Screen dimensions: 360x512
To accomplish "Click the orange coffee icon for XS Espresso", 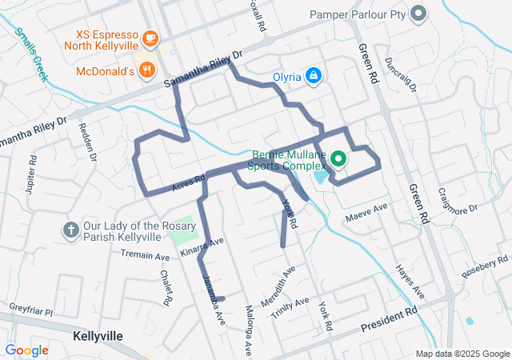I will pyautogui.click(x=149, y=38).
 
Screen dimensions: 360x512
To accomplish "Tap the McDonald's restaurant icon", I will pyautogui.click(x=146, y=70).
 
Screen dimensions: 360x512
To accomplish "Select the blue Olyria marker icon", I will pyautogui.click(x=314, y=76).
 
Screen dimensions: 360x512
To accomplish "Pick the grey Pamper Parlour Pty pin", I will pyautogui.click(x=418, y=14).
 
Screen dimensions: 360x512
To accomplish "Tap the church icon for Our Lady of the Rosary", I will pyautogui.click(x=70, y=230).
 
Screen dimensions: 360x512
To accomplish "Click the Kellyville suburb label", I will pyautogui.click(x=97, y=335).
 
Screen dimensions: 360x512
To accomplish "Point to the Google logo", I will pyautogui.click(x=26, y=350).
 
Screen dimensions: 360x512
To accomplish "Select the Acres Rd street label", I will pyautogui.click(x=189, y=183).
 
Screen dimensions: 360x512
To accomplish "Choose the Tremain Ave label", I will pyautogui.click(x=145, y=256).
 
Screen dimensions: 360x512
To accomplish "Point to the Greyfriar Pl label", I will pyautogui.click(x=30, y=309).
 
